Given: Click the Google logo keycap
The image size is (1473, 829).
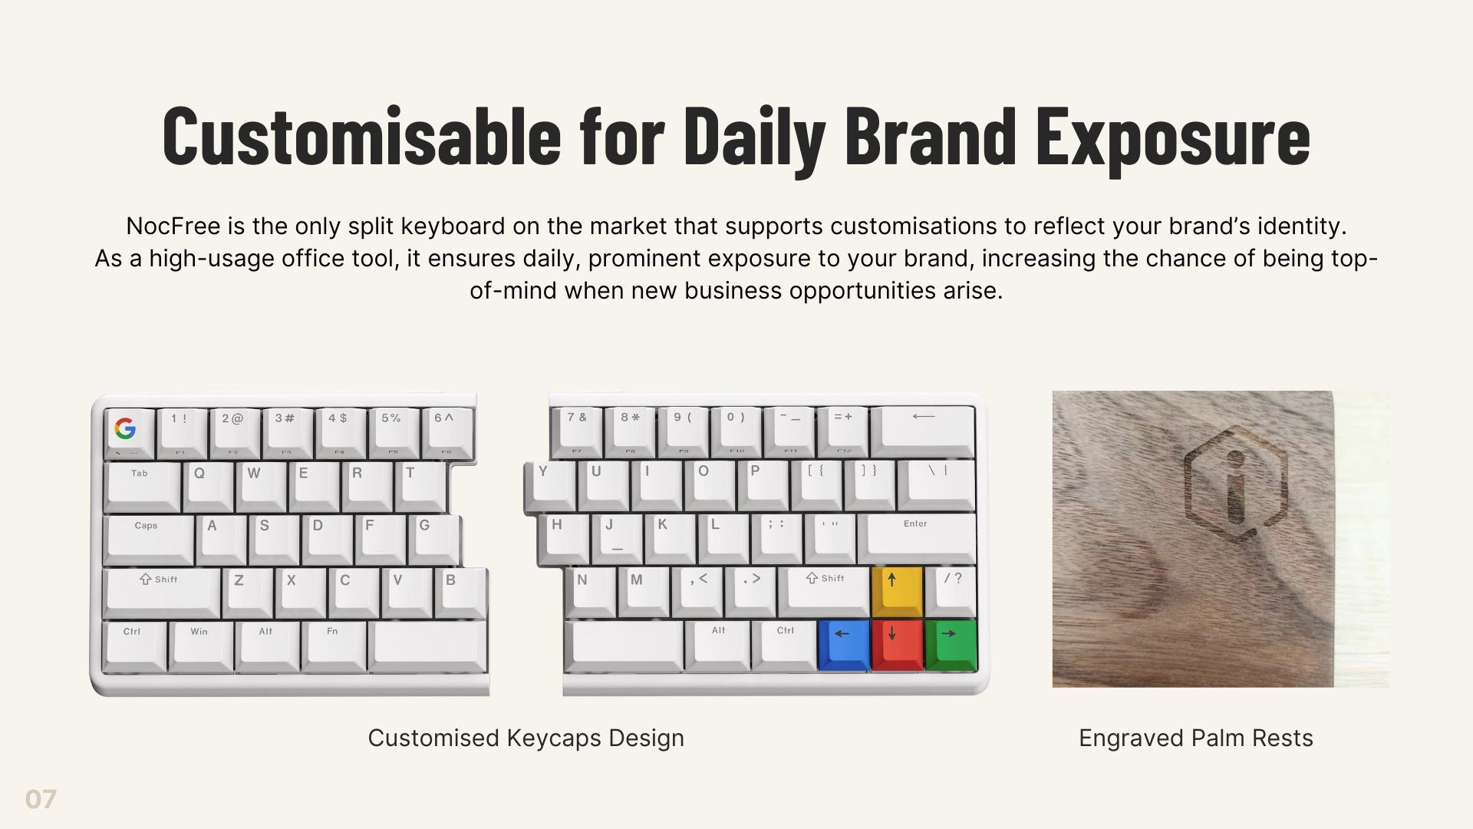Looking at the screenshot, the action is click(x=128, y=433).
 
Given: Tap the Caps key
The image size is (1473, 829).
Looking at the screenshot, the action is click(x=149, y=540).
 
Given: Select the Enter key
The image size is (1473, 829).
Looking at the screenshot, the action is click(x=917, y=538).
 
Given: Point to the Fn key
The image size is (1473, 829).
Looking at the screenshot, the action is click(x=333, y=646).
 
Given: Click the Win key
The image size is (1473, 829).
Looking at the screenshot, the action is click(x=200, y=646).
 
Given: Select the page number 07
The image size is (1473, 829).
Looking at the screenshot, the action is click(x=41, y=799).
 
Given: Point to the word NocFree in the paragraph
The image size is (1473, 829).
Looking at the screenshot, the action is click(x=173, y=226).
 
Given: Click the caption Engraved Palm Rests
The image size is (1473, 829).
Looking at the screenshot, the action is click(x=1196, y=738).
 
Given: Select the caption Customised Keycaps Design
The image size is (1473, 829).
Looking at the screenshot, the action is click(x=526, y=738).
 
